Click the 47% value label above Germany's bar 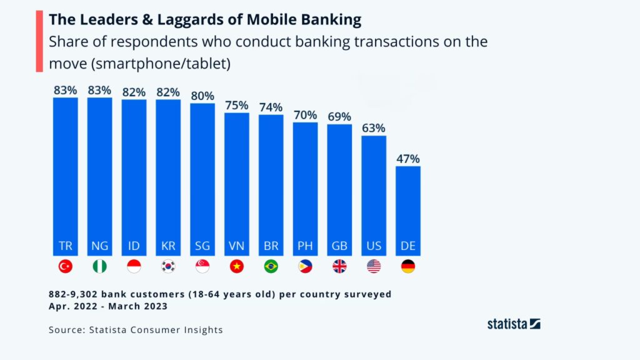[408, 159]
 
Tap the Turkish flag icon [66, 266]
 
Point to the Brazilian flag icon [271, 266]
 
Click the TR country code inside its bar [66, 246]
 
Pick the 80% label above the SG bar [202, 96]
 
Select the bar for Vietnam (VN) [237, 181]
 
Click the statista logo [513, 324]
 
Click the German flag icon [408, 266]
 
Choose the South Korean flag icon [168, 266]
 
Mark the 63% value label [374, 129]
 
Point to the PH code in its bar [305, 246]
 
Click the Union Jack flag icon [339, 266]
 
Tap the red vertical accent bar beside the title [38, 41]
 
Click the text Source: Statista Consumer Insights [136, 329]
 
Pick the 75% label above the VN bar [237, 105]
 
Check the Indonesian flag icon [134, 266]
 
